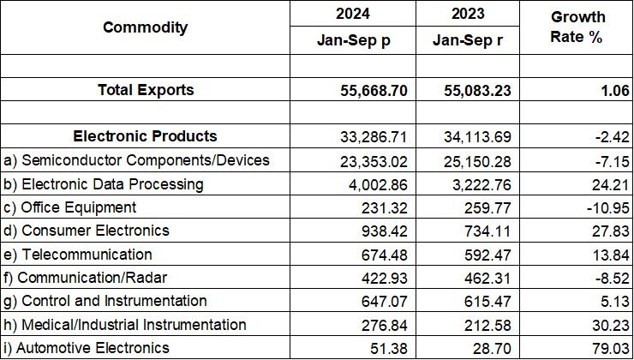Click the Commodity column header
click(145, 27)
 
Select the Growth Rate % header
click(577, 28)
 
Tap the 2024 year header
click(353, 15)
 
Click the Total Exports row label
click(146, 90)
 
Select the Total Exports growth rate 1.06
click(614, 90)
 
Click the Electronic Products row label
click(146, 136)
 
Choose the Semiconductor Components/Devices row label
click(137, 160)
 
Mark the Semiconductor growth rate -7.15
click(611, 160)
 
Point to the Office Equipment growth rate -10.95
click(607, 207)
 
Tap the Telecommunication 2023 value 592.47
click(491, 255)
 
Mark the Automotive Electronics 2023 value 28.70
click(495, 348)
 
